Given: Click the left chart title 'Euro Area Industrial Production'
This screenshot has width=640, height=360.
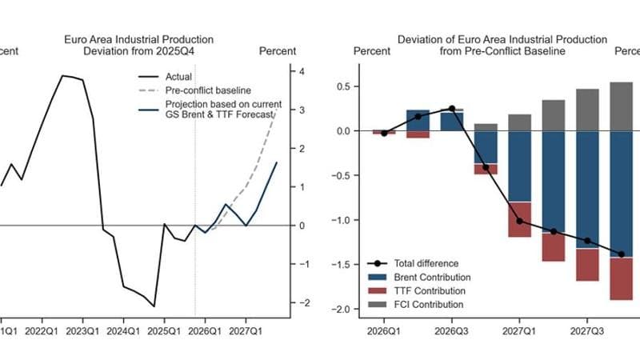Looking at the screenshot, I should (139, 38).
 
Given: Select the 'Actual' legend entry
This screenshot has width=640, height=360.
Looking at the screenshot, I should (178, 77).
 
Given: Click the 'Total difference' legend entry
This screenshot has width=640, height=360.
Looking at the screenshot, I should (426, 263).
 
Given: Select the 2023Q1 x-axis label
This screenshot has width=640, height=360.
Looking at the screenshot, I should (81, 330).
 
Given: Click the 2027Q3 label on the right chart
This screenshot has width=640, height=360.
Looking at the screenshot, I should (587, 330).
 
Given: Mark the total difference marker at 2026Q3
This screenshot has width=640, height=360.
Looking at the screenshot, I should (452, 108).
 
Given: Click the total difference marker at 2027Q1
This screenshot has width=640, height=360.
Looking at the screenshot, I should (520, 221).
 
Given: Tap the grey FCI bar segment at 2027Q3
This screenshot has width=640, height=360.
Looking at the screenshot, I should (587, 110).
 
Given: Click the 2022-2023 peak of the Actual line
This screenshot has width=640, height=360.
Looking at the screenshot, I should (63, 76).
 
